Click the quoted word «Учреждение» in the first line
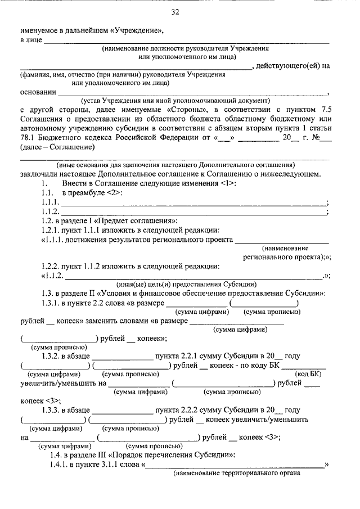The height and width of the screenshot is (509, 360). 136,31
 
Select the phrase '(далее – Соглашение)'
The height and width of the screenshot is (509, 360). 57,147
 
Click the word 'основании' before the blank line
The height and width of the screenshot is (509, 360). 38,92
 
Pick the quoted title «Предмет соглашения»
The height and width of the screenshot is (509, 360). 142,221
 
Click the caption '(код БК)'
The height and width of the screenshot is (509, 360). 309,374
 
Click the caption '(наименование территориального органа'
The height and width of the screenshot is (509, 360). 236,473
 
